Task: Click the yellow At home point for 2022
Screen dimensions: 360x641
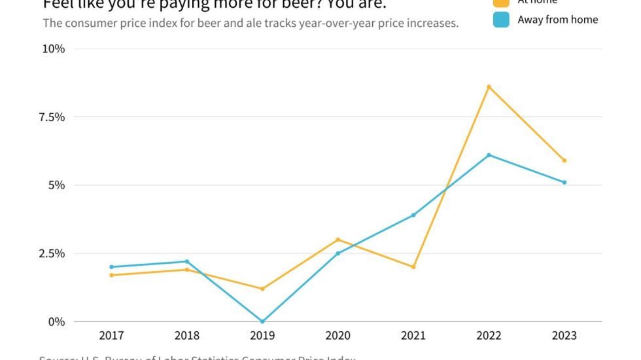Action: (489, 87)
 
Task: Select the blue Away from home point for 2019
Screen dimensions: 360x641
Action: (262, 321)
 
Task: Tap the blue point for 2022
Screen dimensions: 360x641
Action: (489, 155)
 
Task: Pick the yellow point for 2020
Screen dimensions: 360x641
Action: (338, 240)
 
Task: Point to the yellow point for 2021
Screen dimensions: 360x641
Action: (413, 267)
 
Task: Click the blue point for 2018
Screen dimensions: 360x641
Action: (187, 262)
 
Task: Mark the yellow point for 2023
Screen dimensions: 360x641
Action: (564, 160)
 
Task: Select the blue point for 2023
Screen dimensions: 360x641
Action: (564, 183)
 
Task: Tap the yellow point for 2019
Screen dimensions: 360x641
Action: (262, 289)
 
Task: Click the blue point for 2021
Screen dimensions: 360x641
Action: (413, 215)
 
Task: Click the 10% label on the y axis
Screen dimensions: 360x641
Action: (53, 49)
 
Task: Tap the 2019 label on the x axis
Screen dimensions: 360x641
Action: (262, 336)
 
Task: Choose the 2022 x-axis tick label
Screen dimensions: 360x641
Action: (489, 336)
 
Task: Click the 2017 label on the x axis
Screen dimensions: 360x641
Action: (112, 336)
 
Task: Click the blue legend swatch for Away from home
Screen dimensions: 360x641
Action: (501, 20)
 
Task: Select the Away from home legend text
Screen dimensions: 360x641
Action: (557, 20)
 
